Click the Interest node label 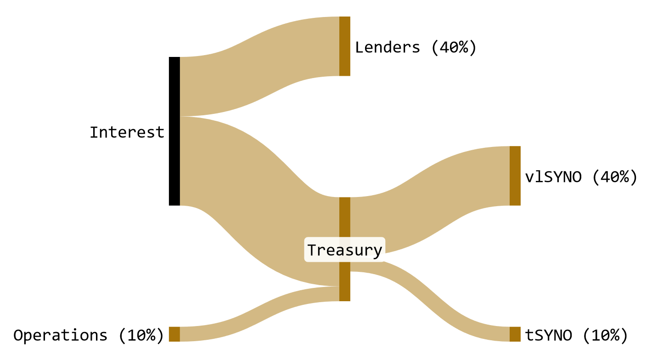[127, 132]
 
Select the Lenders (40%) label [416, 47]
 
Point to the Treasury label [344, 250]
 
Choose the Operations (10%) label [89, 335]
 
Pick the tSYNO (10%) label [576, 335]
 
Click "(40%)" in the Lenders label [454, 47]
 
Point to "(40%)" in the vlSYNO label [614, 177]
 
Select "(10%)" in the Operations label [141, 335]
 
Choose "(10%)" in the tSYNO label [605, 335]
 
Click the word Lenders [388, 47]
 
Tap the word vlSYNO [553, 177]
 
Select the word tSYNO [548, 335]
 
